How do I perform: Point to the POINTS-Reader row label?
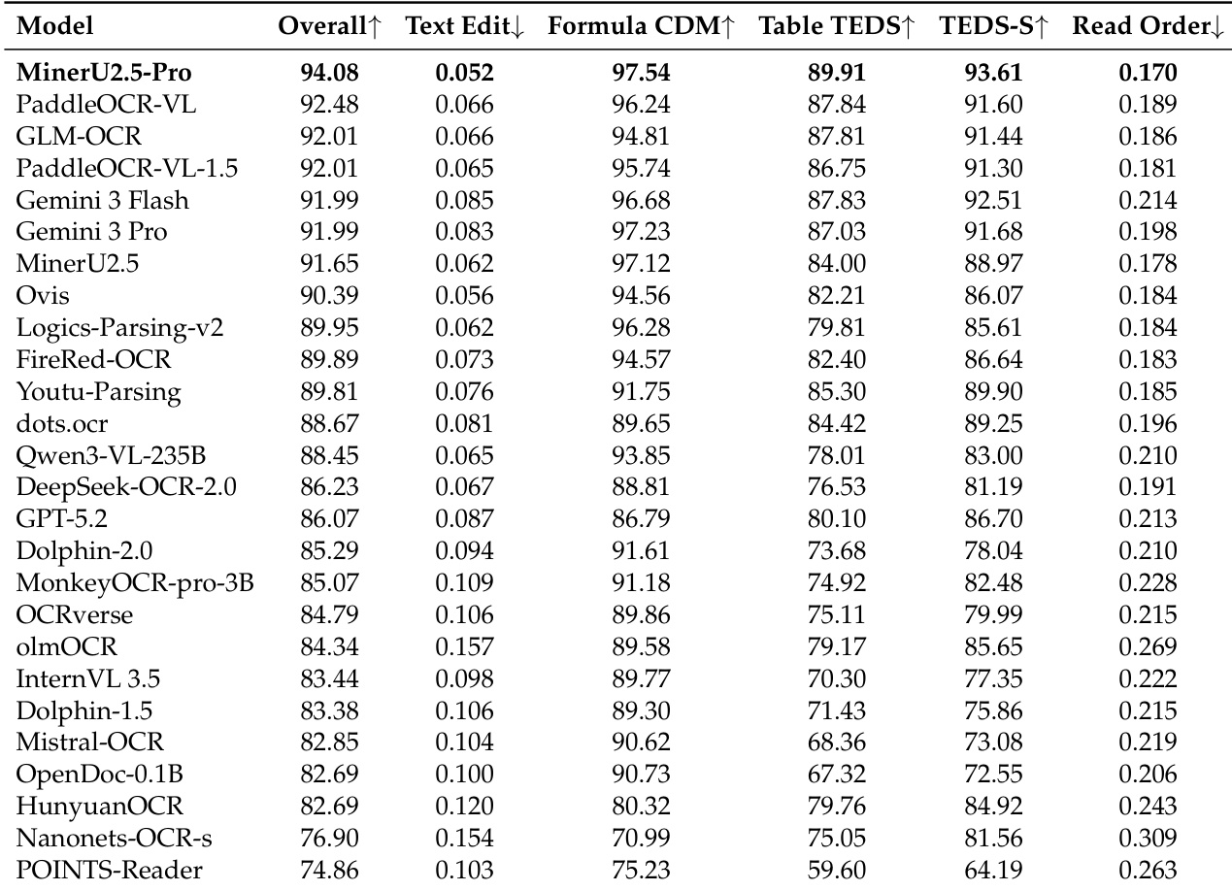tap(109, 871)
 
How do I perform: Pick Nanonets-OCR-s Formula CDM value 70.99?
tap(641, 839)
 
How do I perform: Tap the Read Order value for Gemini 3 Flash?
tap(1148, 200)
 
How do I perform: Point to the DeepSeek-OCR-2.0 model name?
tap(126, 487)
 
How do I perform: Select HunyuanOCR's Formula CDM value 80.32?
tap(641, 807)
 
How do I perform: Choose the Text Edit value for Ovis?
tap(464, 296)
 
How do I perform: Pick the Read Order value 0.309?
tap(1148, 839)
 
